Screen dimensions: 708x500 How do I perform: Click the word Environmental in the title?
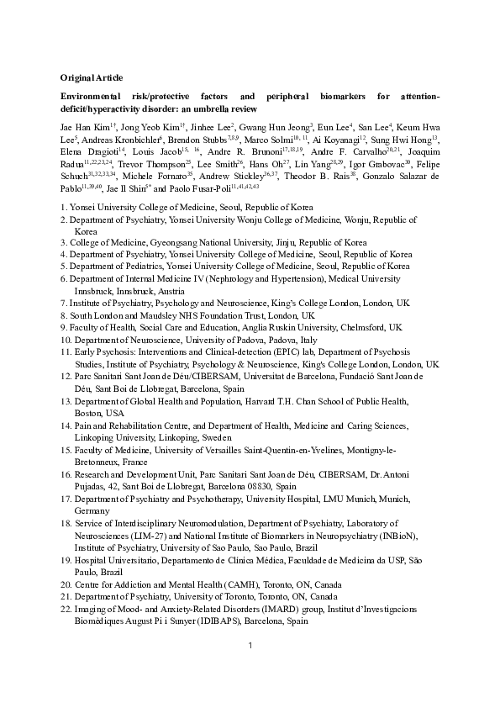(x=97, y=98)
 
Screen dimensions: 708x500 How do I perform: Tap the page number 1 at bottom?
(x=250, y=668)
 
